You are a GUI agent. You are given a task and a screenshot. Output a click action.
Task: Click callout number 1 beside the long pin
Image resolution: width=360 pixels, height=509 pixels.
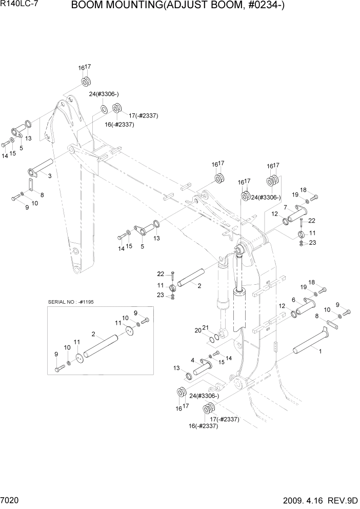[321, 353]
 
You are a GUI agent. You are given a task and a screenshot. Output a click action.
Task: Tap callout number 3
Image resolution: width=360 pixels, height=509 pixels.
[50, 176]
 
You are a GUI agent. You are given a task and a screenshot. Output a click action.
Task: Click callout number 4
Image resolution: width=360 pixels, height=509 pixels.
[192, 360]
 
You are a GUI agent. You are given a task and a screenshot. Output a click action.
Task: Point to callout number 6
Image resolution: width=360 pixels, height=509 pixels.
[293, 300]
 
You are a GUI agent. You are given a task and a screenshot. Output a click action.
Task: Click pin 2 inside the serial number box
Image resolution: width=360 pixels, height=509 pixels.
[100, 346]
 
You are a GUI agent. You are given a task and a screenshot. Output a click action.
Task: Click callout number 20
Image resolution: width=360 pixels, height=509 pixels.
[211, 330]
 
